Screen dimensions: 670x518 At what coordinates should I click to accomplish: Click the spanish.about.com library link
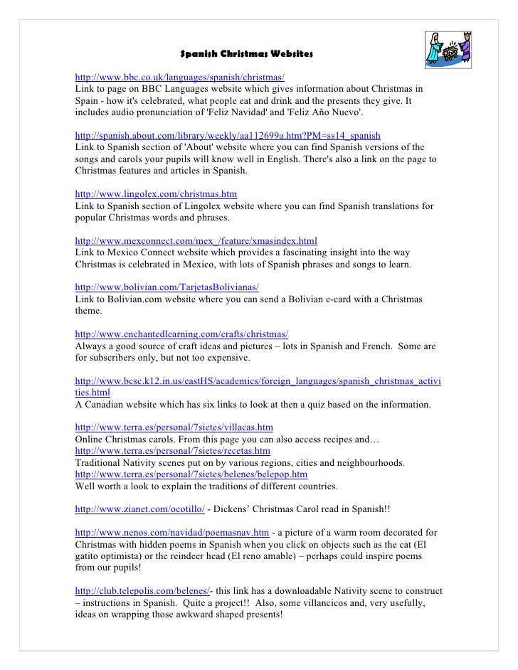tap(228, 134)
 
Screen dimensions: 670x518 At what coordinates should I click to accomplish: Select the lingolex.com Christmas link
tap(156, 193)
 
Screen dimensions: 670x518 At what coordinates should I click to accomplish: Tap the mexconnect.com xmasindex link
tap(196, 240)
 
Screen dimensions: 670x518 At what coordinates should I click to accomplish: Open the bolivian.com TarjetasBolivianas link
tap(166, 287)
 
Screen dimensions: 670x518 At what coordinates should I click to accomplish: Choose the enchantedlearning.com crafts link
tap(181, 334)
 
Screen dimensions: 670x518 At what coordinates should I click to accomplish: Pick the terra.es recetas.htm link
tap(172, 451)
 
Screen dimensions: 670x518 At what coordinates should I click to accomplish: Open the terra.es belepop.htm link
tap(191, 474)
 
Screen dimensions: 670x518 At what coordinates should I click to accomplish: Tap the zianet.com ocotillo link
tap(140, 509)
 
